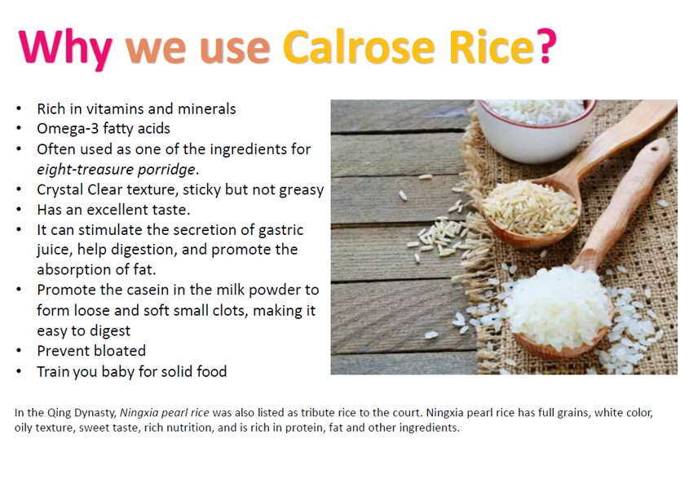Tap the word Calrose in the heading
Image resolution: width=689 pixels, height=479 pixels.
(x=359, y=47)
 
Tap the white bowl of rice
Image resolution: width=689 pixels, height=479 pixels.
(x=536, y=130)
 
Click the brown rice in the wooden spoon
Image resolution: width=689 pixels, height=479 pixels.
(x=530, y=208)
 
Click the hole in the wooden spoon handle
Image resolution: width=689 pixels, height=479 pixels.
(x=654, y=149)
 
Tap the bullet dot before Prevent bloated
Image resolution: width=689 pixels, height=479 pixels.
(x=19, y=351)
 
